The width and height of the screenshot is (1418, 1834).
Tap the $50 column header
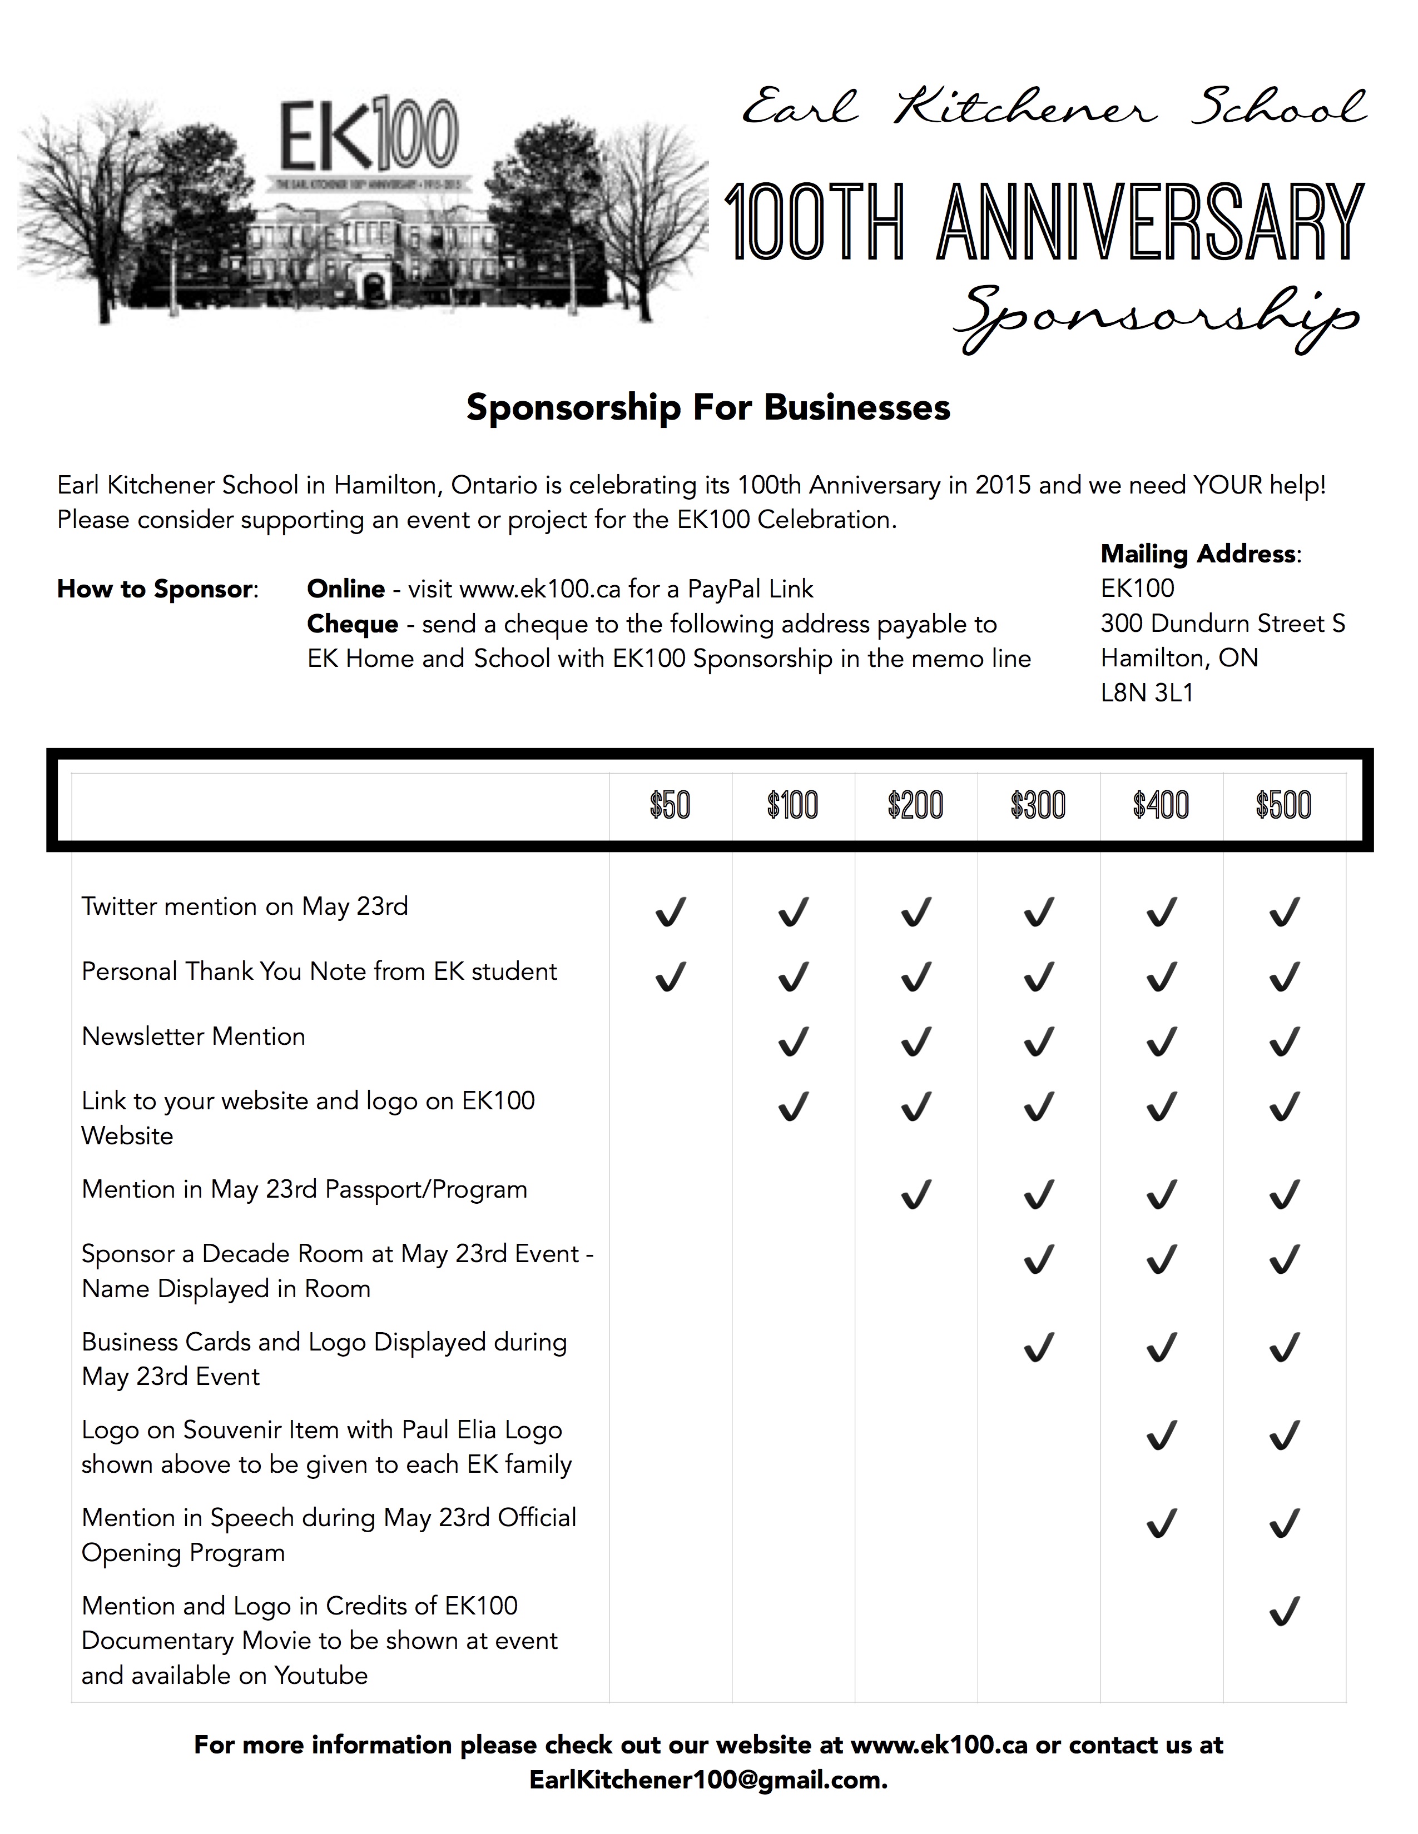click(670, 805)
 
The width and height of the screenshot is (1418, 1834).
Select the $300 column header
click(1038, 805)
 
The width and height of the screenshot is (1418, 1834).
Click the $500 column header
click(1283, 805)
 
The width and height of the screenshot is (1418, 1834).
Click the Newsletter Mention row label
click(193, 1036)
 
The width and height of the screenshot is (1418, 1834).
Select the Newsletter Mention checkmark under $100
click(793, 1041)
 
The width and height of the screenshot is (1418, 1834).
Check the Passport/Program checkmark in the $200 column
click(916, 1193)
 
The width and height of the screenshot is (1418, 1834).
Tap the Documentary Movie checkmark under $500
click(1283, 1612)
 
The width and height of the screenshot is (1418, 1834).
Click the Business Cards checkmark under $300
click(1038, 1347)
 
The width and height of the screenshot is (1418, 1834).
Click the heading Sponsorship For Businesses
click(708, 407)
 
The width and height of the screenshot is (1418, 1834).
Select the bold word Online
click(346, 589)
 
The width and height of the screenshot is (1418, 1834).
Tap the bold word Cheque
click(353, 624)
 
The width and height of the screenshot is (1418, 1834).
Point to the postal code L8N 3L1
click(1147, 693)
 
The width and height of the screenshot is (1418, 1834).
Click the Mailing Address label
click(1199, 554)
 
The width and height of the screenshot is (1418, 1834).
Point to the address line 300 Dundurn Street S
click(1222, 623)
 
